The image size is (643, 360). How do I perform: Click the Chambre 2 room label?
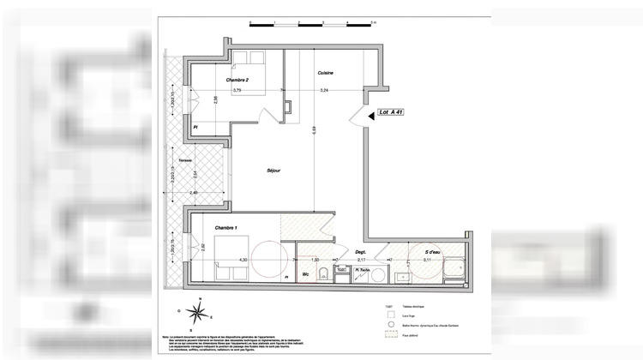point(237,81)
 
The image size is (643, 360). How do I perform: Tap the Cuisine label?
point(325,73)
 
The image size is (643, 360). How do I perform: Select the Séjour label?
point(273,170)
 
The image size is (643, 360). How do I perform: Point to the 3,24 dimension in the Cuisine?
point(324,90)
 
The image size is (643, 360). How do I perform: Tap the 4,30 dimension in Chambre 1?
point(243,259)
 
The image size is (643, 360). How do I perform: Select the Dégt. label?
point(361,252)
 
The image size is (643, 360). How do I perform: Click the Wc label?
point(305,274)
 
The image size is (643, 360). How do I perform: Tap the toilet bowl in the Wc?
point(320,274)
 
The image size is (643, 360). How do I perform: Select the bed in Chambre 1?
point(230,255)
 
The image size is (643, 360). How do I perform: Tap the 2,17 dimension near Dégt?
point(361,259)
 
